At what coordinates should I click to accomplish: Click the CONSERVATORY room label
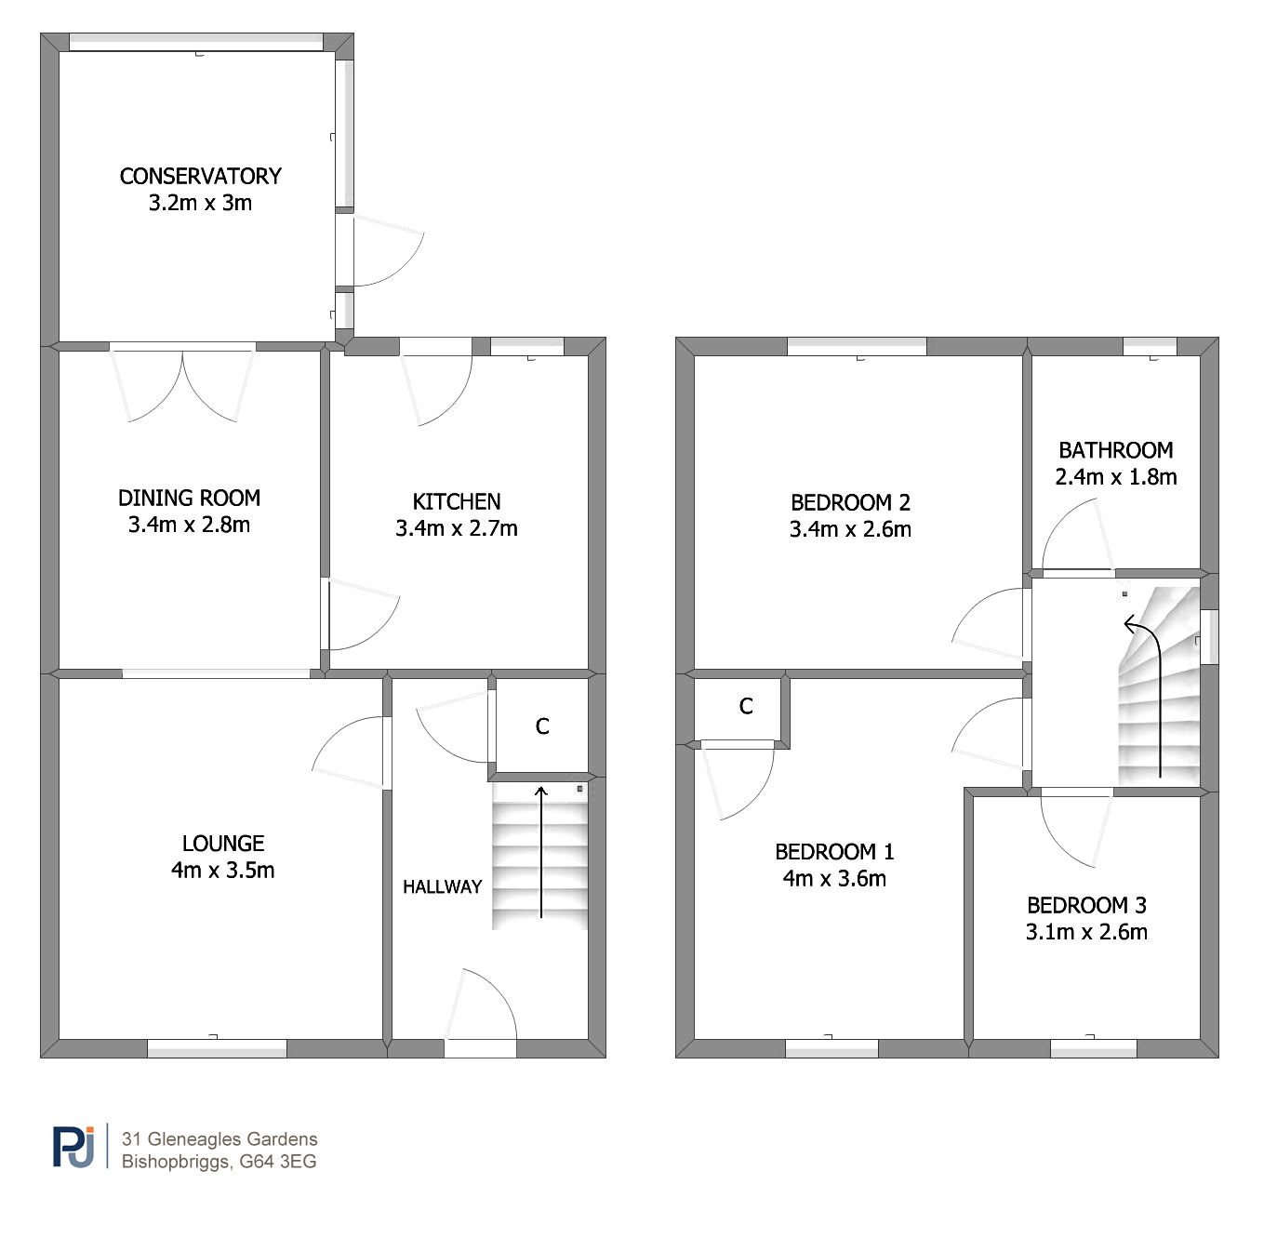(200, 176)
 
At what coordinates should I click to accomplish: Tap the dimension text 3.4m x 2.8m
(189, 526)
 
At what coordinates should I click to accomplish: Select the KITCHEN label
(457, 502)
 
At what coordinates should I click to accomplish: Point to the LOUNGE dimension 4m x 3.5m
(223, 871)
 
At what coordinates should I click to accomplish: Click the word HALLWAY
(443, 886)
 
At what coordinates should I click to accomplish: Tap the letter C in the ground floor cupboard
(542, 726)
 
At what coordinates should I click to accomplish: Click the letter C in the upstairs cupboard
(746, 706)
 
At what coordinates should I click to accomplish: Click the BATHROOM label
(1115, 450)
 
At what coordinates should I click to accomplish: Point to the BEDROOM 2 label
(850, 503)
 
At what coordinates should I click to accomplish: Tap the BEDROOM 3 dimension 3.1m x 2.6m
(1086, 932)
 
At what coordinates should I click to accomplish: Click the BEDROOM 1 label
(834, 852)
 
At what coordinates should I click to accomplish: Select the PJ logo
(73, 1147)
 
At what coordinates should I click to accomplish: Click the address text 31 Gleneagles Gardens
(219, 1138)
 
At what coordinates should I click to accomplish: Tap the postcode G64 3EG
(277, 1162)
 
